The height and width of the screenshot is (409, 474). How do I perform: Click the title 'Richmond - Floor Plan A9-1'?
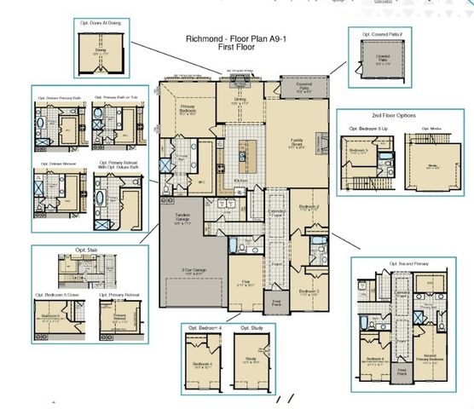pos(236,39)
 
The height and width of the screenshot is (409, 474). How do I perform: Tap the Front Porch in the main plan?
pos(279,302)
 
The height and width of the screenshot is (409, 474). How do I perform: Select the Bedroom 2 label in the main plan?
pos(309,207)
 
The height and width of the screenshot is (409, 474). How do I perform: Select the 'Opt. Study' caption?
pos(251,328)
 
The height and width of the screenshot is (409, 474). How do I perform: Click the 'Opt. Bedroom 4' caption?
pos(201,328)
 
